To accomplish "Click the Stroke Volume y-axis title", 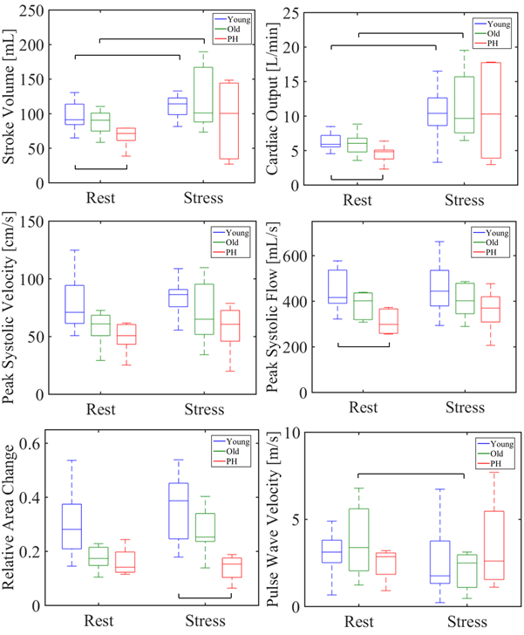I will [11, 97].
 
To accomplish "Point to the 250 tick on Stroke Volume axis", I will [32, 11].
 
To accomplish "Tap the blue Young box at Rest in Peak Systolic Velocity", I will [75, 304].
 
